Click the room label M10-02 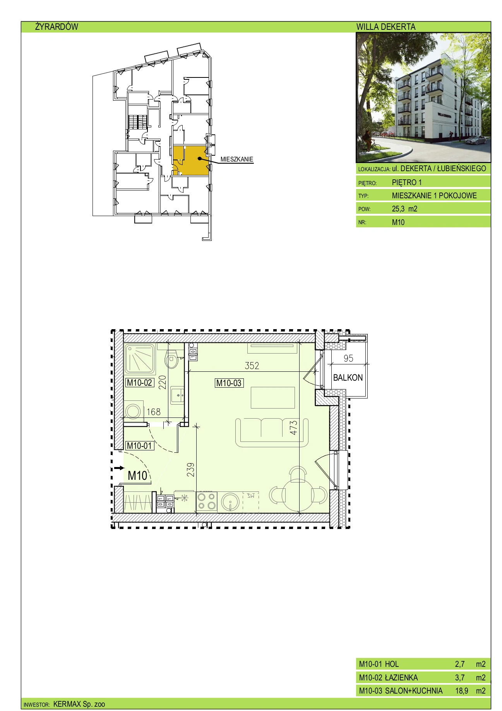tap(140, 383)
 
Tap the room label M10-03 tap(229, 383)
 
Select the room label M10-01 tap(140, 446)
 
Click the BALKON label tap(348, 378)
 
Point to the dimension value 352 tap(252, 366)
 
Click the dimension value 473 tap(294, 428)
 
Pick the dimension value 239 tap(190, 469)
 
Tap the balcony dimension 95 tap(348, 359)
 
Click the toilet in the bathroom tap(171, 359)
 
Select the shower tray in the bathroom tap(140, 359)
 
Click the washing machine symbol tap(134, 410)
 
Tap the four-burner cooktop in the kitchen tap(206, 501)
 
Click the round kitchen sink tap(230, 502)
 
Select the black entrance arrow tap(119, 468)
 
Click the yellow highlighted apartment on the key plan tap(190, 160)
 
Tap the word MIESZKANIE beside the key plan tap(237, 159)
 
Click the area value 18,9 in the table tap(462, 691)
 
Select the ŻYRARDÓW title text tap(57, 27)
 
